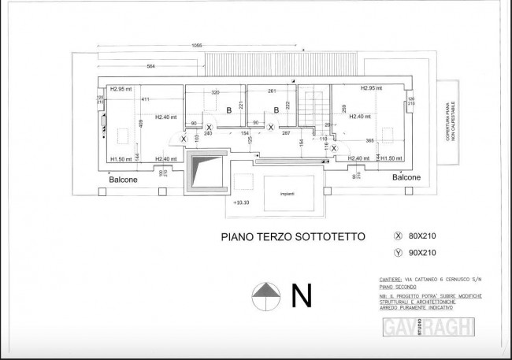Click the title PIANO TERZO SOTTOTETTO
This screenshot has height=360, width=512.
287,235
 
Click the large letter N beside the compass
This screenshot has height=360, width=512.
300,295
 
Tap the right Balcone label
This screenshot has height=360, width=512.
405,178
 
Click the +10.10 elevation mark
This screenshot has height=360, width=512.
242,202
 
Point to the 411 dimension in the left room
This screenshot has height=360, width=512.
145,99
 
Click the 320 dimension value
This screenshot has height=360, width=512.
214,92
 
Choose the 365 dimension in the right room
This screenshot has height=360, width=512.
370,139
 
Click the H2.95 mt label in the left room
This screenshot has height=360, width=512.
121,88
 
